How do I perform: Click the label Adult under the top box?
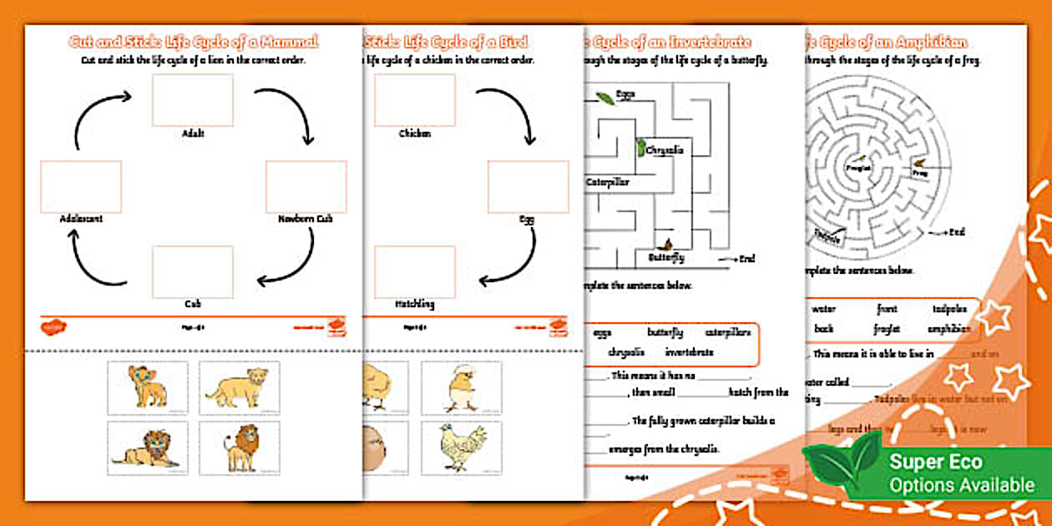[192, 133]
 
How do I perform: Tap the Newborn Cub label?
[305, 219]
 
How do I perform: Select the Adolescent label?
[81, 219]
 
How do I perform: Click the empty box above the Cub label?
[192, 271]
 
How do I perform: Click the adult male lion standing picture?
[240, 448]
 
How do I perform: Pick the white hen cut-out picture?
[460, 448]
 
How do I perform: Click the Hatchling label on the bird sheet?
[414, 305]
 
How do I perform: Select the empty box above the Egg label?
[528, 186]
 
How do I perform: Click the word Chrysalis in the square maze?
[665, 151]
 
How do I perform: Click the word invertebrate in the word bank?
[690, 352]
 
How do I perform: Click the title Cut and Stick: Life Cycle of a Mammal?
[193, 42]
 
